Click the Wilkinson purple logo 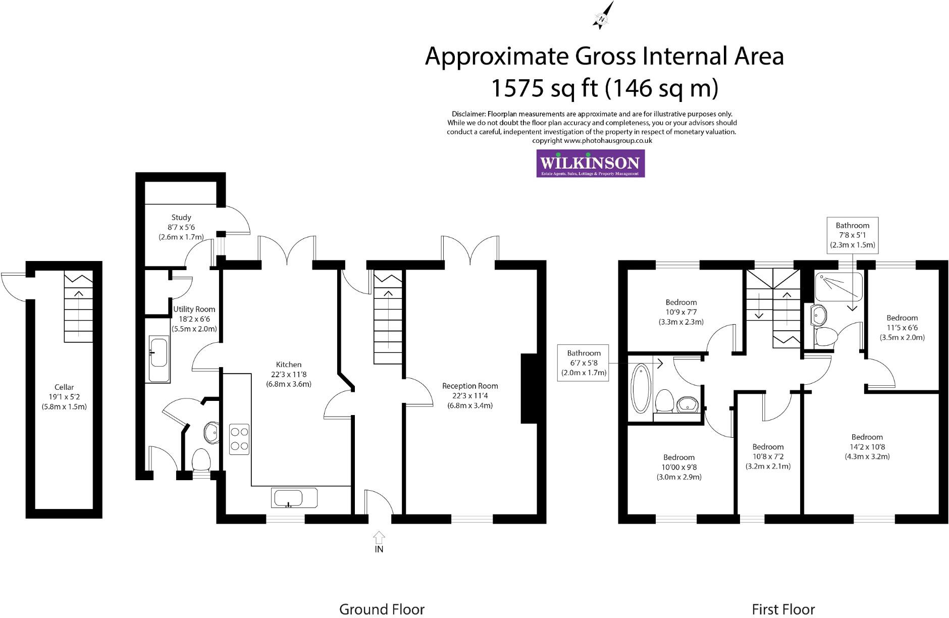point(590,163)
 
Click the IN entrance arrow point(379,538)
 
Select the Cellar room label point(64,387)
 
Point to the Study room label point(181,217)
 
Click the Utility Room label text point(194,309)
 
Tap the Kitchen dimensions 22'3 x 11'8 point(289,374)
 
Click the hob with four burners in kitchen point(239,439)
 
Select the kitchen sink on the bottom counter point(288,498)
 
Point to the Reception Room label point(470,386)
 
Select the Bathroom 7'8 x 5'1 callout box point(853,235)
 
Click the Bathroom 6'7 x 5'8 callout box point(584,363)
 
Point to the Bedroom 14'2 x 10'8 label point(867,437)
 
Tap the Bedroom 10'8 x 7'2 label point(768,447)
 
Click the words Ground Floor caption point(382,609)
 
